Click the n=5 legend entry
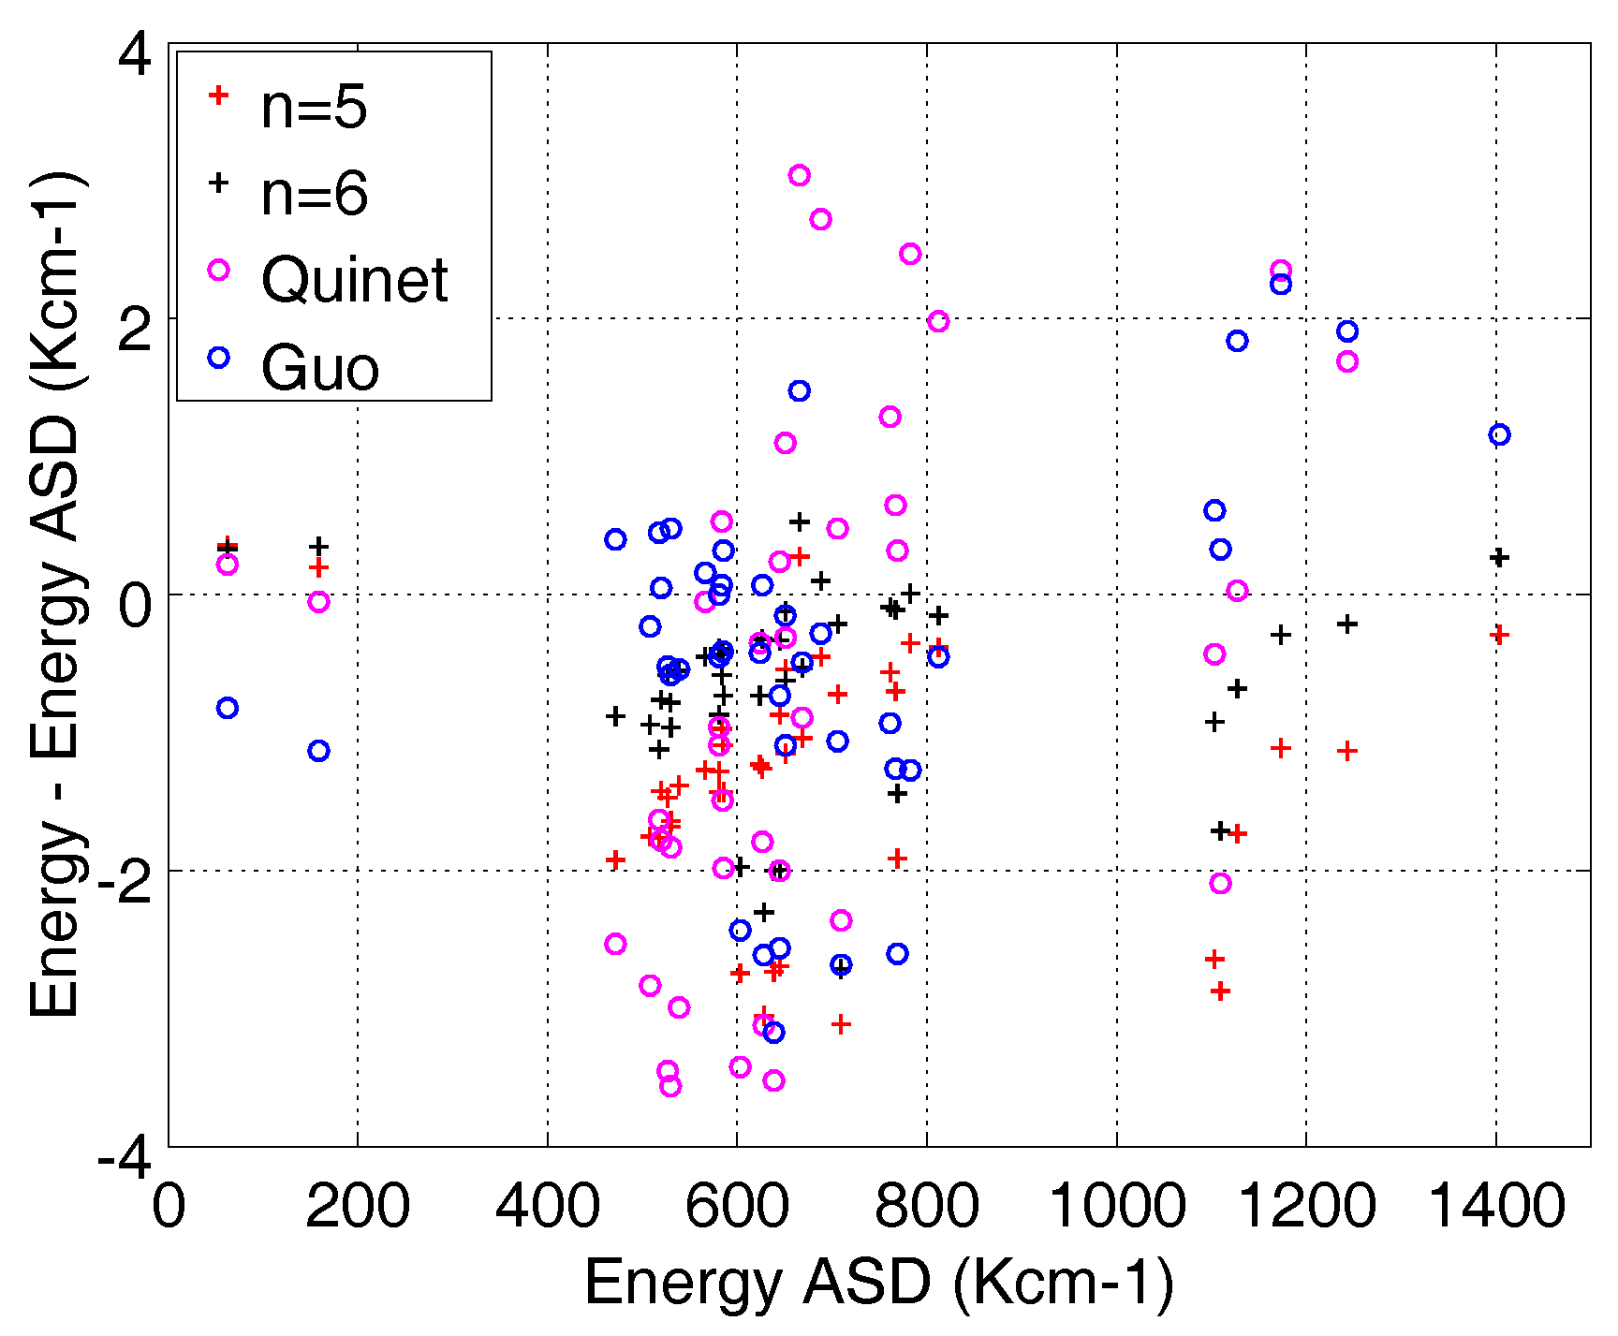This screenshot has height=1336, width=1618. point(314,108)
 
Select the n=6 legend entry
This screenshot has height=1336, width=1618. point(314,194)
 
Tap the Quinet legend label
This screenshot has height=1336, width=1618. point(355,280)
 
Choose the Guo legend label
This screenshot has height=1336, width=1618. point(320,367)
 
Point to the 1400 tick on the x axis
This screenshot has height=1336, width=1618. point(1495,1205)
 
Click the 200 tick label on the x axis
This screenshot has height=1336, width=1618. point(358,1205)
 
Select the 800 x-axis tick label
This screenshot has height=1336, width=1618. point(926,1205)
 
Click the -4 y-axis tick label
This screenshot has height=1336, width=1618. point(125,1160)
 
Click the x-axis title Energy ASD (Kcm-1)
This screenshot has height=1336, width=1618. point(878,1282)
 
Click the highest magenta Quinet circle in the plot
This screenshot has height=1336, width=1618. point(799,175)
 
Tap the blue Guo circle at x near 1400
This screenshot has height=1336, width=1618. point(1499,434)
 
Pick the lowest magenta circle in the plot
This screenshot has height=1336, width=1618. point(669,1086)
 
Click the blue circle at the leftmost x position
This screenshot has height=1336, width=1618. point(227,708)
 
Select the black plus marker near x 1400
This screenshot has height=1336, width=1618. point(1498,557)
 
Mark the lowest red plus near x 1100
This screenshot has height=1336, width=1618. point(1219,991)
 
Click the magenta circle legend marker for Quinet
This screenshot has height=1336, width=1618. point(218,270)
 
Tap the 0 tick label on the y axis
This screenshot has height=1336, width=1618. point(135,606)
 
